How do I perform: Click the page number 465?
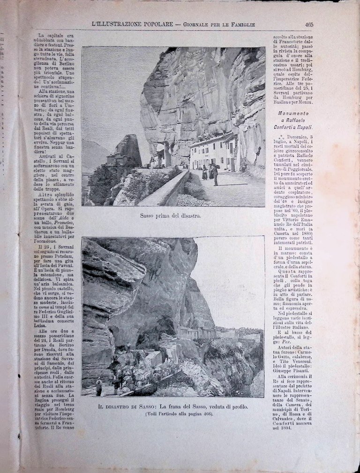309,24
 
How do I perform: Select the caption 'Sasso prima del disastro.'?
171,216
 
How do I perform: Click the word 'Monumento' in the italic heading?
294,113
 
